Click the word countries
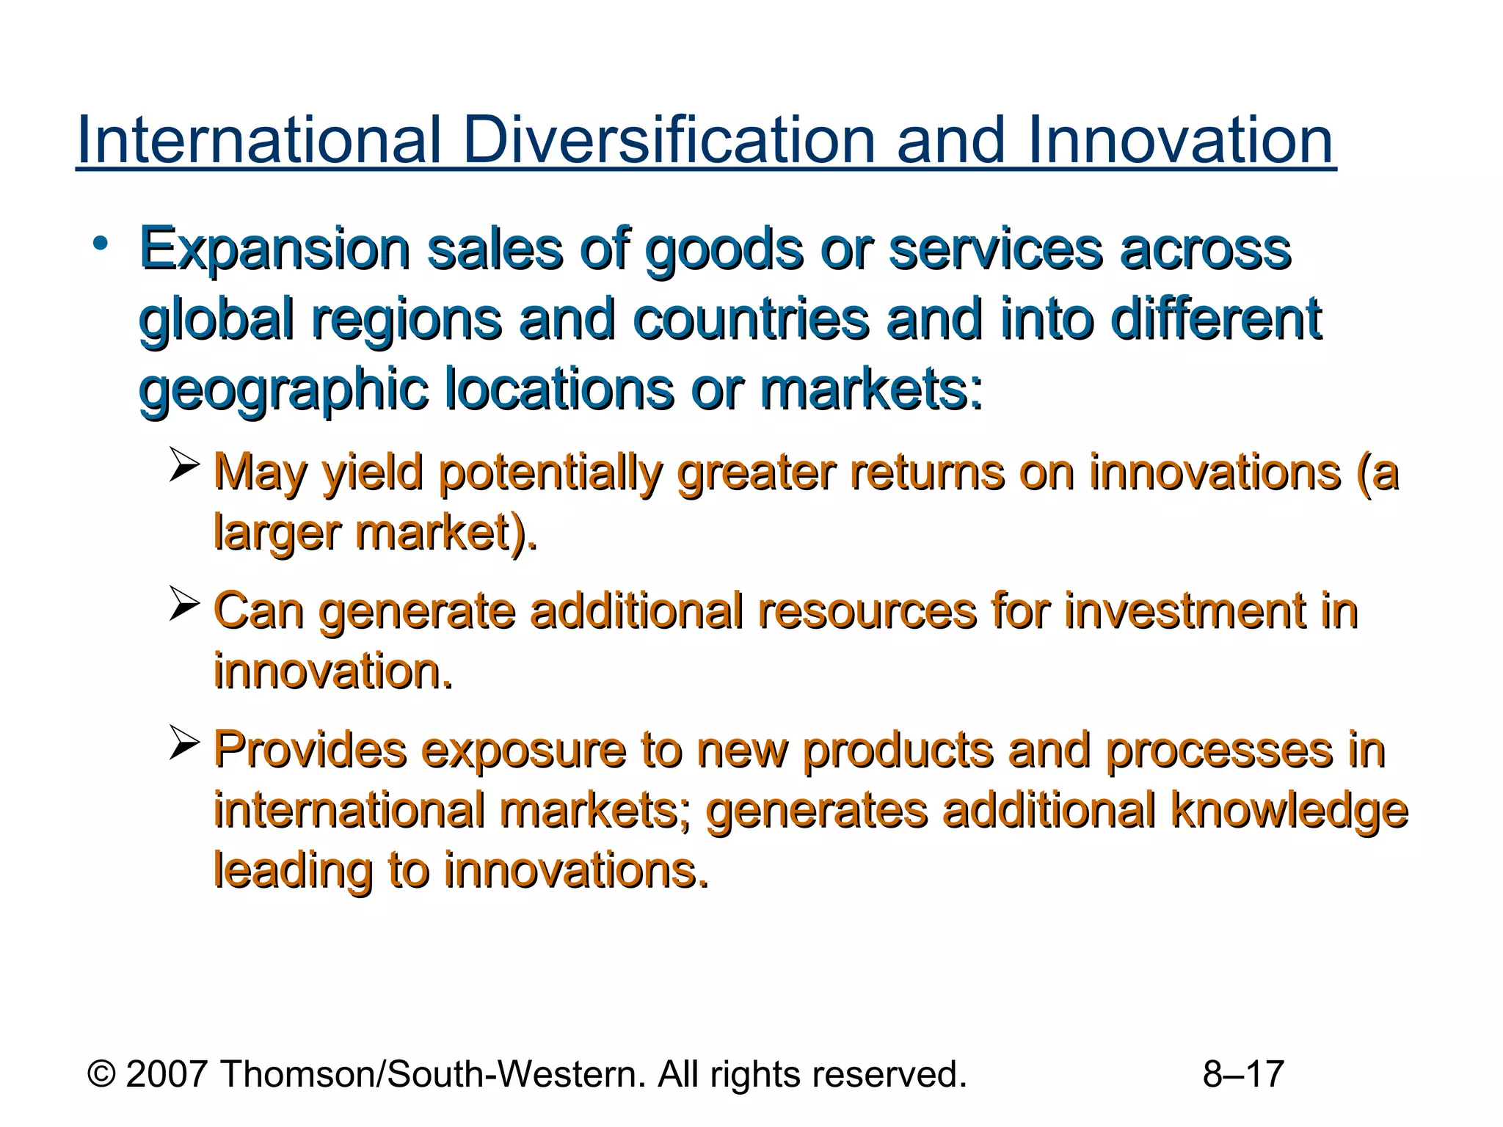pyautogui.click(x=751, y=320)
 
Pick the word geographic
pyautogui.click(x=283, y=390)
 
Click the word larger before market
pyautogui.click(x=278, y=533)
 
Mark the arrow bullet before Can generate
pyautogui.click(x=184, y=603)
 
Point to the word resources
pyautogui.click(x=867, y=610)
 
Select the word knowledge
pyautogui.click(x=1289, y=811)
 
